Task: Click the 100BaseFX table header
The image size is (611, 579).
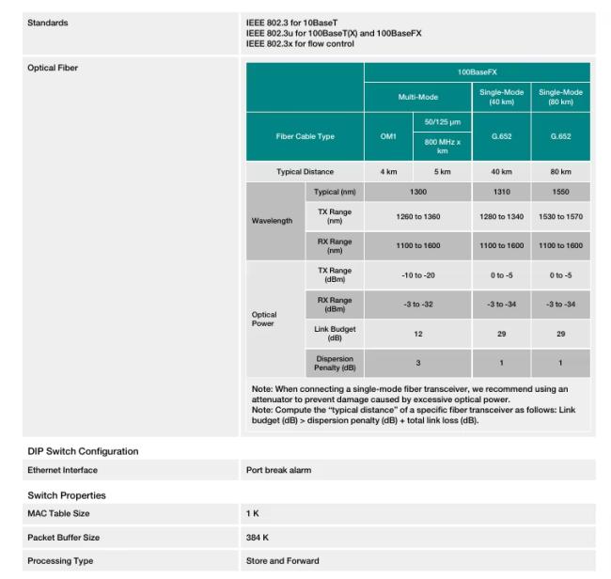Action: pos(477,71)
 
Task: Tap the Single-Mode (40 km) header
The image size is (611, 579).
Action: pos(501,97)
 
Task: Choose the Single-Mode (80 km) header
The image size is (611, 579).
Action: pos(560,97)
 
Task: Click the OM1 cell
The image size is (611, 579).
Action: pos(388,136)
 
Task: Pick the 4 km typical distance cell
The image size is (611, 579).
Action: pos(388,172)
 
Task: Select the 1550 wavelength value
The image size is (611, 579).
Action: pos(560,192)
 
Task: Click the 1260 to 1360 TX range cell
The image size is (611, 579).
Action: pos(418,216)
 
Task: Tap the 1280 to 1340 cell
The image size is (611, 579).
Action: pos(501,216)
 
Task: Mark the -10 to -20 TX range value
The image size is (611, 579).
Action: pos(418,274)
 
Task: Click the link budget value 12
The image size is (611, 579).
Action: pos(418,333)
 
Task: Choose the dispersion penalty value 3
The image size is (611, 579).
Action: pos(418,363)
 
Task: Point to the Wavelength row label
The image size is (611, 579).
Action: pos(272,221)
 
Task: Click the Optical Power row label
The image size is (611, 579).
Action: pos(264,320)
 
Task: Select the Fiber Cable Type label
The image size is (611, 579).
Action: pos(305,136)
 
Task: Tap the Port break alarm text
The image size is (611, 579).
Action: pos(278,470)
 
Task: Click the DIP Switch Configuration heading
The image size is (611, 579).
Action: pos(83,451)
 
